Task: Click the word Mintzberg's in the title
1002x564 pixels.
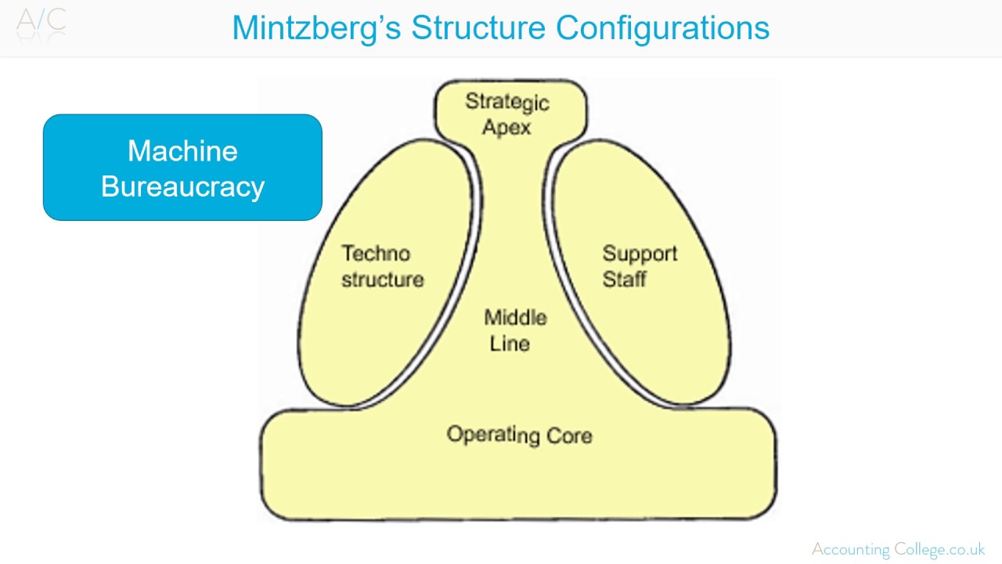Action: point(316,28)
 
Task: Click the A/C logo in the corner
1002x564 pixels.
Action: point(41,21)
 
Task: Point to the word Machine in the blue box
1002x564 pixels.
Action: point(182,150)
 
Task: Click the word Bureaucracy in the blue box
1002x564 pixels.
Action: point(182,187)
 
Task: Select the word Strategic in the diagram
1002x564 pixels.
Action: point(507,102)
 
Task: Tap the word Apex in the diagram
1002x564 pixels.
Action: point(506,127)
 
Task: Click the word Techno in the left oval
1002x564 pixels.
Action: point(376,254)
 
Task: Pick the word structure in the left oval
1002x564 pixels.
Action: point(382,280)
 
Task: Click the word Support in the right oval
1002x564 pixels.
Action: point(640,254)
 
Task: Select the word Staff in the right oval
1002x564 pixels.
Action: point(625,279)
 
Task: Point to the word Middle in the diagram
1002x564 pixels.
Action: point(515,318)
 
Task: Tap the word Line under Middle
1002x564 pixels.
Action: point(510,343)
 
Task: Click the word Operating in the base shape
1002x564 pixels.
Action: point(492,435)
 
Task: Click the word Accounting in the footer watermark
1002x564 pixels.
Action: point(850,549)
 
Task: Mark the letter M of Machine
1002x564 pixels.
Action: point(139,150)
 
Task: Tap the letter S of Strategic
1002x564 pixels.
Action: point(472,101)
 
